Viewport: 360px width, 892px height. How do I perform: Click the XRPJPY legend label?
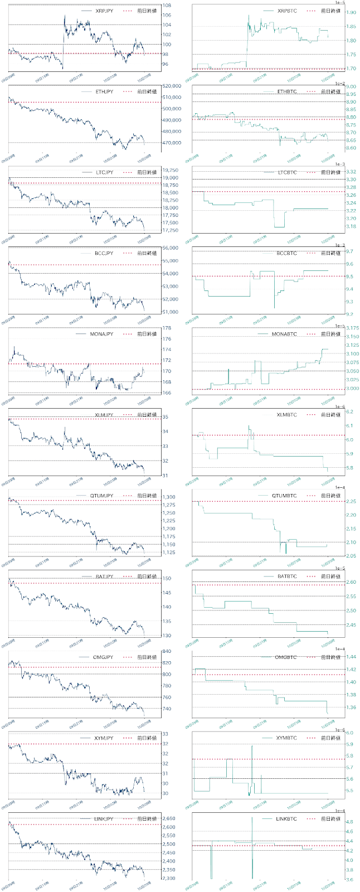pos(104,11)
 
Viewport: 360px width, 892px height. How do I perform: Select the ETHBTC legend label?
pos(286,91)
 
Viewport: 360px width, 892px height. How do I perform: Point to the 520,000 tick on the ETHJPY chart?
pos(173,86)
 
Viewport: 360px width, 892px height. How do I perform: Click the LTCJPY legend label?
pos(104,172)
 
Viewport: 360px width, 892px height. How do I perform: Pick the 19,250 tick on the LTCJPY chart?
pos(171,170)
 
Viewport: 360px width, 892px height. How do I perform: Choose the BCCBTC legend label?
pos(286,253)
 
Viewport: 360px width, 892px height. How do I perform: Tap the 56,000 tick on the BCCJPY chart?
pos(171,248)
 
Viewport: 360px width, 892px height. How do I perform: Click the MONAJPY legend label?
pos(101,334)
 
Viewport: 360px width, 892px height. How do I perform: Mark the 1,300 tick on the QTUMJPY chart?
pos(169,497)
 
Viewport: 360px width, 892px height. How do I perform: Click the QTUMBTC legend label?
pos(284,496)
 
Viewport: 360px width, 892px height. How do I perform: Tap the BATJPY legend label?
pos(104,576)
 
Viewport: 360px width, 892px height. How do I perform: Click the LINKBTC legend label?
pos(286,819)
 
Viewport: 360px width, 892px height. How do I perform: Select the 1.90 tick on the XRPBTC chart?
pos(351,12)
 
